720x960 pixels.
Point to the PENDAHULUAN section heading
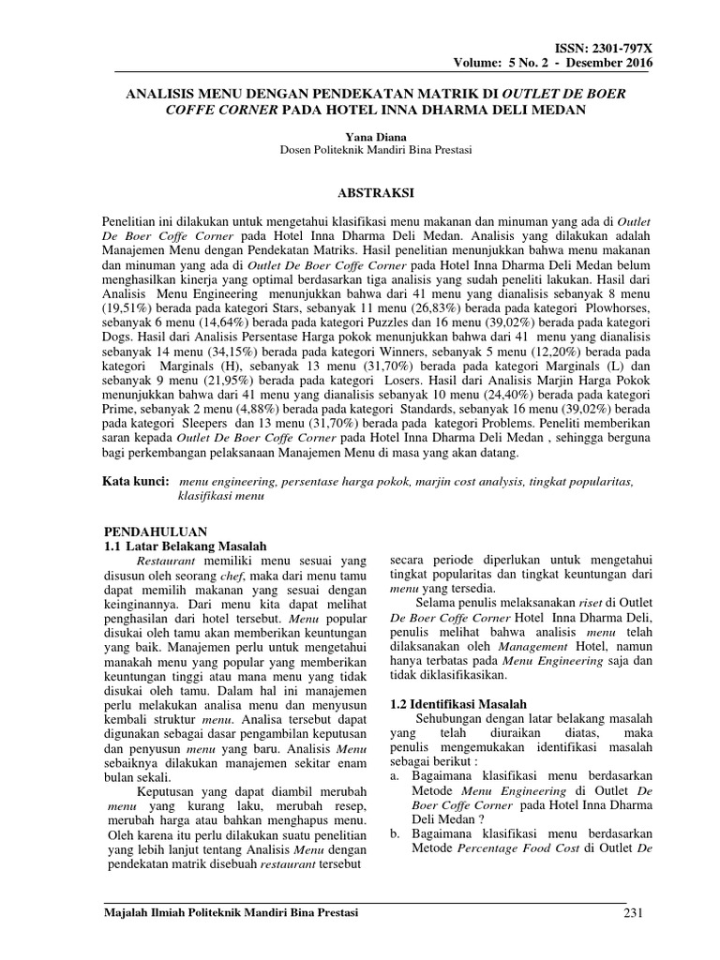[x=153, y=531]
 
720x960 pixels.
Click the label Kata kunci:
[x=135, y=481]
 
